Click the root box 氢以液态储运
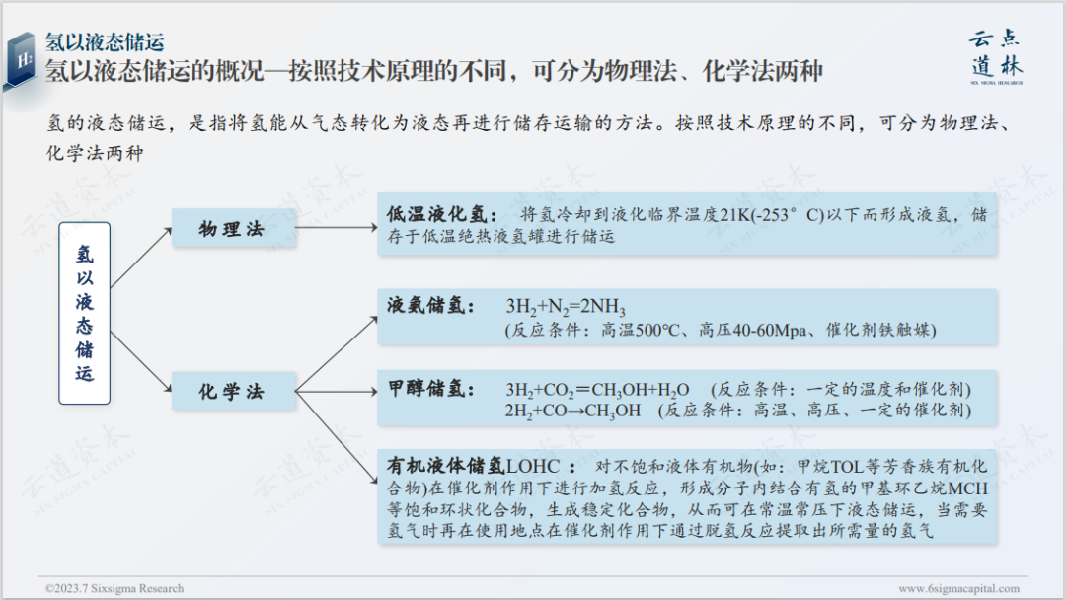click(84, 313)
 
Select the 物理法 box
click(233, 229)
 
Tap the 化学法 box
click(233, 392)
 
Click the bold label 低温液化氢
click(435, 215)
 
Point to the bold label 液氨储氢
click(430, 305)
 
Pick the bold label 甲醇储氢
click(430, 388)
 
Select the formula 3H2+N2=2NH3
click(566, 306)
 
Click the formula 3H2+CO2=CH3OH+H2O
click(597, 389)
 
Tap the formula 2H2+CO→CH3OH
click(572, 410)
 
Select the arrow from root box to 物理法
click(140, 255)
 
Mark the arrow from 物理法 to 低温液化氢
click(336, 229)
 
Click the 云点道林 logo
click(994, 54)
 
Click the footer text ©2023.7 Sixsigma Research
click(114, 588)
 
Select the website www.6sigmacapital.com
click(958, 588)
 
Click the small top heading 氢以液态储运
click(105, 41)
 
